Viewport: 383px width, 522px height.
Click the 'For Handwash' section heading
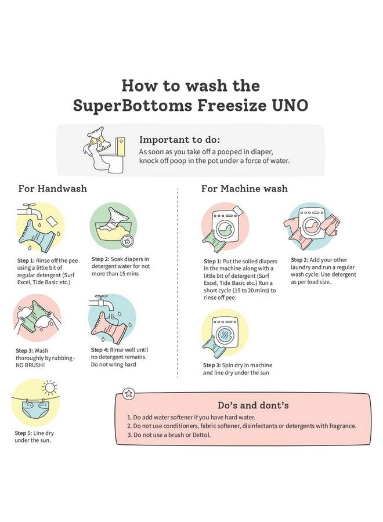tap(53, 188)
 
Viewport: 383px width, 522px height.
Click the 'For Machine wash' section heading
tap(244, 188)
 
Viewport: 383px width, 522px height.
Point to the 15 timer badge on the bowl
tap(127, 240)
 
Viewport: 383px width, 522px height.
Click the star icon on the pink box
tap(128, 394)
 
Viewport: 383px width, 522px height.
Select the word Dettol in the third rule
tap(201, 434)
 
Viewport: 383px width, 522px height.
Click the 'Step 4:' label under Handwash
tap(100, 350)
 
